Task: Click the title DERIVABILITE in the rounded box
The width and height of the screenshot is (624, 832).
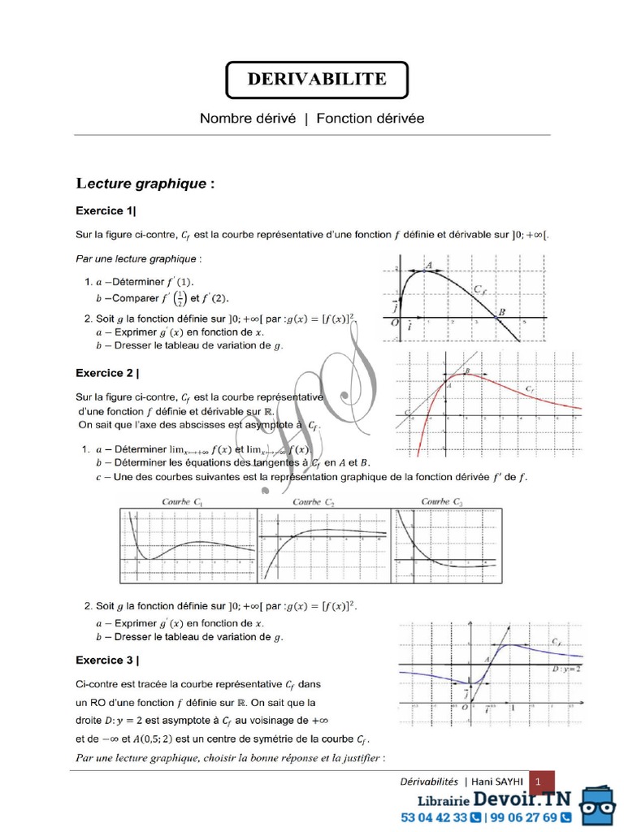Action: pos(316,79)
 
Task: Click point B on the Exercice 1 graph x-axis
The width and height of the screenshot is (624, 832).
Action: pos(501,313)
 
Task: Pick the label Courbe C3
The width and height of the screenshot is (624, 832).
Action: pos(442,502)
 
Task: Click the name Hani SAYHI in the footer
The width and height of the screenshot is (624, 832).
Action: pos(499,781)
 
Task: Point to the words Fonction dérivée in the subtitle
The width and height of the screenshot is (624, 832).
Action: pos(370,119)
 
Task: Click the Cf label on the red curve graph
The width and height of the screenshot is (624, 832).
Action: pos(530,391)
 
